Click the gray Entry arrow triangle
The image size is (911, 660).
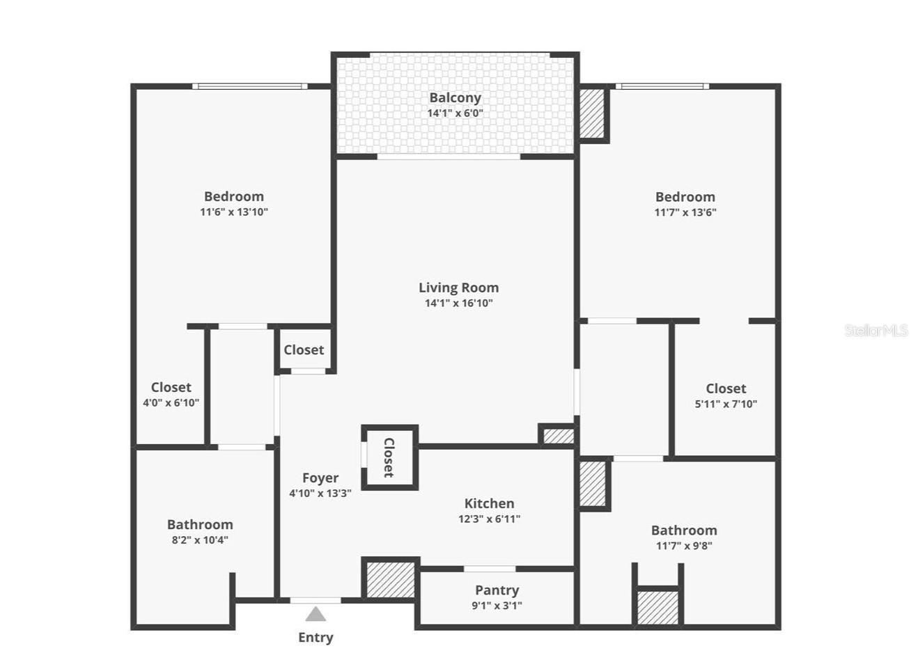[x=316, y=614]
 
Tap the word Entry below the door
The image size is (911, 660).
[x=316, y=637]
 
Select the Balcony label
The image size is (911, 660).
[x=455, y=98]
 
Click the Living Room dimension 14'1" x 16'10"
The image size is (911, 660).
[x=458, y=303]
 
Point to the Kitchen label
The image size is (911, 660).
[x=489, y=503]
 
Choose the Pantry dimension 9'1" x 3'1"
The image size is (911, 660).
[x=497, y=606]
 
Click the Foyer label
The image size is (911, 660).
[x=320, y=478]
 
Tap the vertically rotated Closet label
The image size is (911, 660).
[x=389, y=457]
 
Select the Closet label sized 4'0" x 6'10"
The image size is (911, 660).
[x=171, y=387]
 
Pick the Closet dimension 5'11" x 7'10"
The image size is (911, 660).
[x=726, y=404]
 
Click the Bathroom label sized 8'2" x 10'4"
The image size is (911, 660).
[x=200, y=525]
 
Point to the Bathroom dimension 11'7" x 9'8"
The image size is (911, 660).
[x=684, y=546]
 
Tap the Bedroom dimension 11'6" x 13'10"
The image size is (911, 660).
[x=234, y=212]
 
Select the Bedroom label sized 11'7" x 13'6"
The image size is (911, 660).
[x=685, y=197]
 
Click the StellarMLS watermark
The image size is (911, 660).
[x=875, y=330]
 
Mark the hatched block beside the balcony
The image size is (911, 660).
[x=593, y=112]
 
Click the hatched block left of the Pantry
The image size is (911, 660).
[x=390, y=579]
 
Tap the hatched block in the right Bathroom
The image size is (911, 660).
[x=657, y=608]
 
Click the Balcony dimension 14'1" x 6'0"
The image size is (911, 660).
[x=455, y=113]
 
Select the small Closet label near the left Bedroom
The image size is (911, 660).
[x=304, y=349]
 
